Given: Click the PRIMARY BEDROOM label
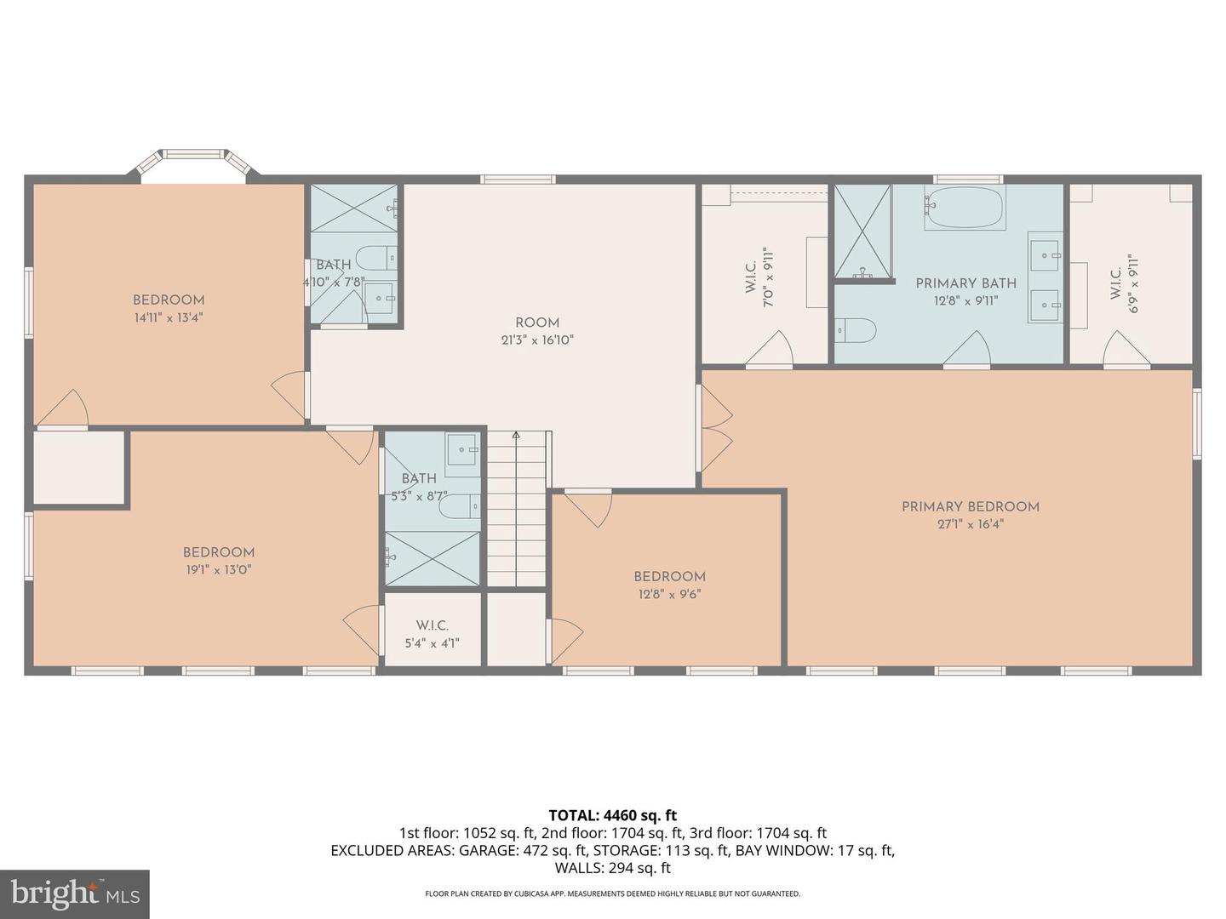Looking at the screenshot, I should (970, 506).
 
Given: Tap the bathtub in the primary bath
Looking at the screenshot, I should (965, 207).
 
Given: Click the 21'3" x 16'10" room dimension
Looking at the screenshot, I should (536, 340).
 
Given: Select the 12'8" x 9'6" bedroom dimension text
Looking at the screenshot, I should (669, 595).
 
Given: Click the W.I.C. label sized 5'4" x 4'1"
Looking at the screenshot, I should (433, 625).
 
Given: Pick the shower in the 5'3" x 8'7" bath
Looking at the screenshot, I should (433, 558).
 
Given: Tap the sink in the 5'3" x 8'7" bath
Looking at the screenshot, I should (463, 449).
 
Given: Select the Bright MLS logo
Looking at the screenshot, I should (74, 893).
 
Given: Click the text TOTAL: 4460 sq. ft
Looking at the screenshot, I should (612, 815).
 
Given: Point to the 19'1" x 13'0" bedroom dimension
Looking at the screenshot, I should (219, 570).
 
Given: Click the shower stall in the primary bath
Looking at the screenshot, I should (862, 231).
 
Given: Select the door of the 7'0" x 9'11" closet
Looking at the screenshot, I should (770, 351).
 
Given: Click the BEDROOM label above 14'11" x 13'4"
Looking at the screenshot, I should (169, 300).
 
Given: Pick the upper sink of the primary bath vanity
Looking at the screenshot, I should (1045, 254).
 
